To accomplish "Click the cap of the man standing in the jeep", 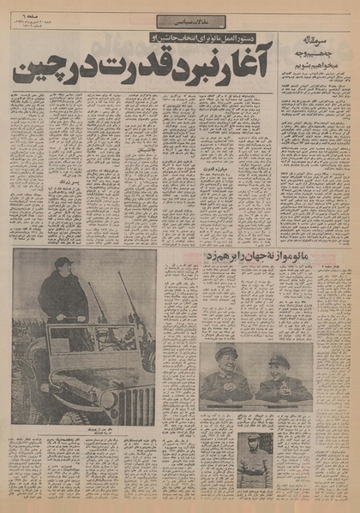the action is coord(63,263).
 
